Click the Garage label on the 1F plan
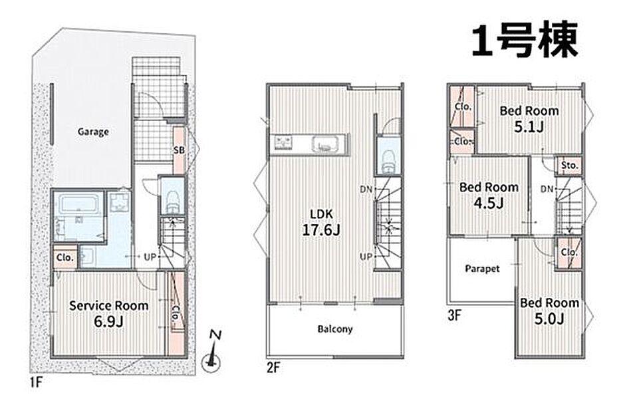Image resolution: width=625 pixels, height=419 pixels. pyautogui.click(x=93, y=132)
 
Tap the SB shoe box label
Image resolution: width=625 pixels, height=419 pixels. pyautogui.click(x=179, y=150)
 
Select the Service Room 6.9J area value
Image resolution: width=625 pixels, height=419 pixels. pyautogui.click(x=108, y=321)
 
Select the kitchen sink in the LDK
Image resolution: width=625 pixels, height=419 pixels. pyautogui.click(x=326, y=144)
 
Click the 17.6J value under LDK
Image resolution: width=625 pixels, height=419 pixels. pyautogui.click(x=321, y=230)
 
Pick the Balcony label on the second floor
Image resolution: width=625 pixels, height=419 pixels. pyautogui.click(x=335, y=329)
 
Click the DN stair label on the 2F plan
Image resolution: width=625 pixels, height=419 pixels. pyautogui.click(x=366, y=190)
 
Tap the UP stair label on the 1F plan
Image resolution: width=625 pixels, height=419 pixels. pyautogui.click(x=150, y=257)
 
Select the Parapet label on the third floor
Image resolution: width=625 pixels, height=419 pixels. pyautogui.click(x=482, y=269)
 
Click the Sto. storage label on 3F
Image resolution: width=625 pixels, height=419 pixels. pyautogui.click(x=569, y=165)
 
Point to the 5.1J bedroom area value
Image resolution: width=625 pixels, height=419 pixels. pyautogui.click(x=529, y=127)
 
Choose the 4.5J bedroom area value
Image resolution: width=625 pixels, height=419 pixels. pyautogui.click(x=489, y=204)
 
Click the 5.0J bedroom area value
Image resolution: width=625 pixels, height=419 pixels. pyautogui.click(x=549, y=319)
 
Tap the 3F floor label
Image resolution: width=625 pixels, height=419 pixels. pyautogui.click(x=454, y=316)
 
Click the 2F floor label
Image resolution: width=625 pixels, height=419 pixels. pyautogui.click(x=273, y=367)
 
